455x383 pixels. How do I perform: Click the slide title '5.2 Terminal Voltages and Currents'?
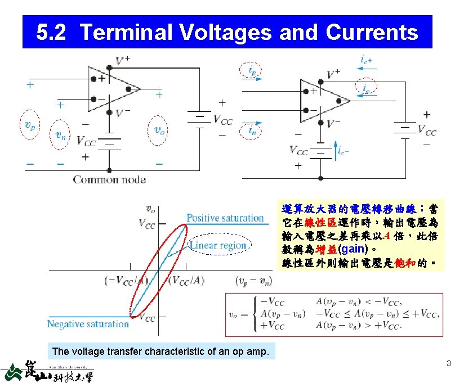(227, 32)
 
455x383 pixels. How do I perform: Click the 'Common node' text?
(109, 180)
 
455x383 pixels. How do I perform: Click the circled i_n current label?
(254, 131)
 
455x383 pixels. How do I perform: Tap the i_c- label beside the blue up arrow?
(344, 151)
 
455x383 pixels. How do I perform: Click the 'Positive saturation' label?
(225, 218)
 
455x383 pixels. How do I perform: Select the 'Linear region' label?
(218, 245)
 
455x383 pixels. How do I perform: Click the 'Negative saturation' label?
(88, 324)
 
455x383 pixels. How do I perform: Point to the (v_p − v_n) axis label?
(254, 280)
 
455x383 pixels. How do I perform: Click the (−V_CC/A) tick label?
(127, 280)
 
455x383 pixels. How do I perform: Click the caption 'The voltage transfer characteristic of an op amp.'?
(160, 352)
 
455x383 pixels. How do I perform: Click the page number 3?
(448, 363)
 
